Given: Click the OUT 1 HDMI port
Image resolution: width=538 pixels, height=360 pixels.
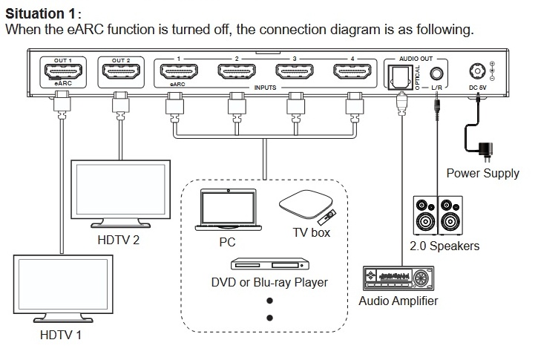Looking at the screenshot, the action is [63, 72].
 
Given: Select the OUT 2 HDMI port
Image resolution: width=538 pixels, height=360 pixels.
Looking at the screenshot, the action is [121, 72].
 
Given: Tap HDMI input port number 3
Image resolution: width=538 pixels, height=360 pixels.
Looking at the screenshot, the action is [295, 71].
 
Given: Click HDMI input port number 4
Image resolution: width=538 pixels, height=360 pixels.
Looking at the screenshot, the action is [352, 71].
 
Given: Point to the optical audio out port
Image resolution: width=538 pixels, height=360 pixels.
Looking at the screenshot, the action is [400, 77].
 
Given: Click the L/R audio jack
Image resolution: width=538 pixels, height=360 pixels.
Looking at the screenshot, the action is [437, 73].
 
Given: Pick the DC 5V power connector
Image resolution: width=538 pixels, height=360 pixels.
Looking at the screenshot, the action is [477, 71].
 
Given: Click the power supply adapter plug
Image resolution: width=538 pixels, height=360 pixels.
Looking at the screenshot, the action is [486, 151].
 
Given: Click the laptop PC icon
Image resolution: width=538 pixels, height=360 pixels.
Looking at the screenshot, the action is [228, 209].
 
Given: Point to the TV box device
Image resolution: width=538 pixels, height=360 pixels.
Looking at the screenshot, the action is [306, 204].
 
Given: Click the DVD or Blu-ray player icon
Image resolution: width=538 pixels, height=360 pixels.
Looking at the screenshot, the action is [270, 264].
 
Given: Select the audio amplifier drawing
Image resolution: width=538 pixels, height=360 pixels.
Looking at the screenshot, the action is [398, 278].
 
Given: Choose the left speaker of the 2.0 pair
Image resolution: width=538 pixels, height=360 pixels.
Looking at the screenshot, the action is [425, 215].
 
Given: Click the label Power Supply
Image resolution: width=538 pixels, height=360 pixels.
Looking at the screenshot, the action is [483, 173].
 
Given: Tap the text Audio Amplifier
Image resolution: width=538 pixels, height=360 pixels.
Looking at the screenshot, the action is [398, 301].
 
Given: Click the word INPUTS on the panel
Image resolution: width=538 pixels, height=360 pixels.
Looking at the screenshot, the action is [265, 88].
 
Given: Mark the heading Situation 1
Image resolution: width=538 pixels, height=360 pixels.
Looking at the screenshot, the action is [40, 13].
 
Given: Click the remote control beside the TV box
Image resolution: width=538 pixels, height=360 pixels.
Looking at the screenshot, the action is [327, 217].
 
